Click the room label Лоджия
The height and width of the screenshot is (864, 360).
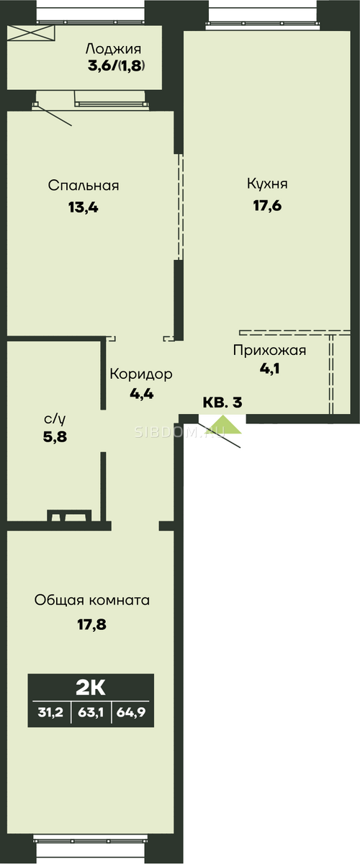113,50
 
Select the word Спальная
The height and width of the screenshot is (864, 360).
84,186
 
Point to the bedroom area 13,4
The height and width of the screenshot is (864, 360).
84,208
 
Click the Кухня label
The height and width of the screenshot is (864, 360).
267,184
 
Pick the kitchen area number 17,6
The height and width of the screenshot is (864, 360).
267,206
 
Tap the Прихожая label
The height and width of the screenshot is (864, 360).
269,350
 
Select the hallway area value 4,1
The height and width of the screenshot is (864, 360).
269,369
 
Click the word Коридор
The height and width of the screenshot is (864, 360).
141,374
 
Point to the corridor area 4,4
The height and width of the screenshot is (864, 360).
142,394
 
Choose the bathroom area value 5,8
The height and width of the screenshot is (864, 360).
55,437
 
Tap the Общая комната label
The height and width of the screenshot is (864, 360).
92,600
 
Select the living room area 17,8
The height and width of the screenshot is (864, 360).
92,624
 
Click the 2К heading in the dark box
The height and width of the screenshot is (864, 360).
91,688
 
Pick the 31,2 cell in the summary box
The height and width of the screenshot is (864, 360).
50,712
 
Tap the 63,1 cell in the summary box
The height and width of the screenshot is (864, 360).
91,712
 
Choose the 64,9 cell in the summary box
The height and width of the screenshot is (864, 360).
131,712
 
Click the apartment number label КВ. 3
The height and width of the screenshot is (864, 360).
222,402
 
